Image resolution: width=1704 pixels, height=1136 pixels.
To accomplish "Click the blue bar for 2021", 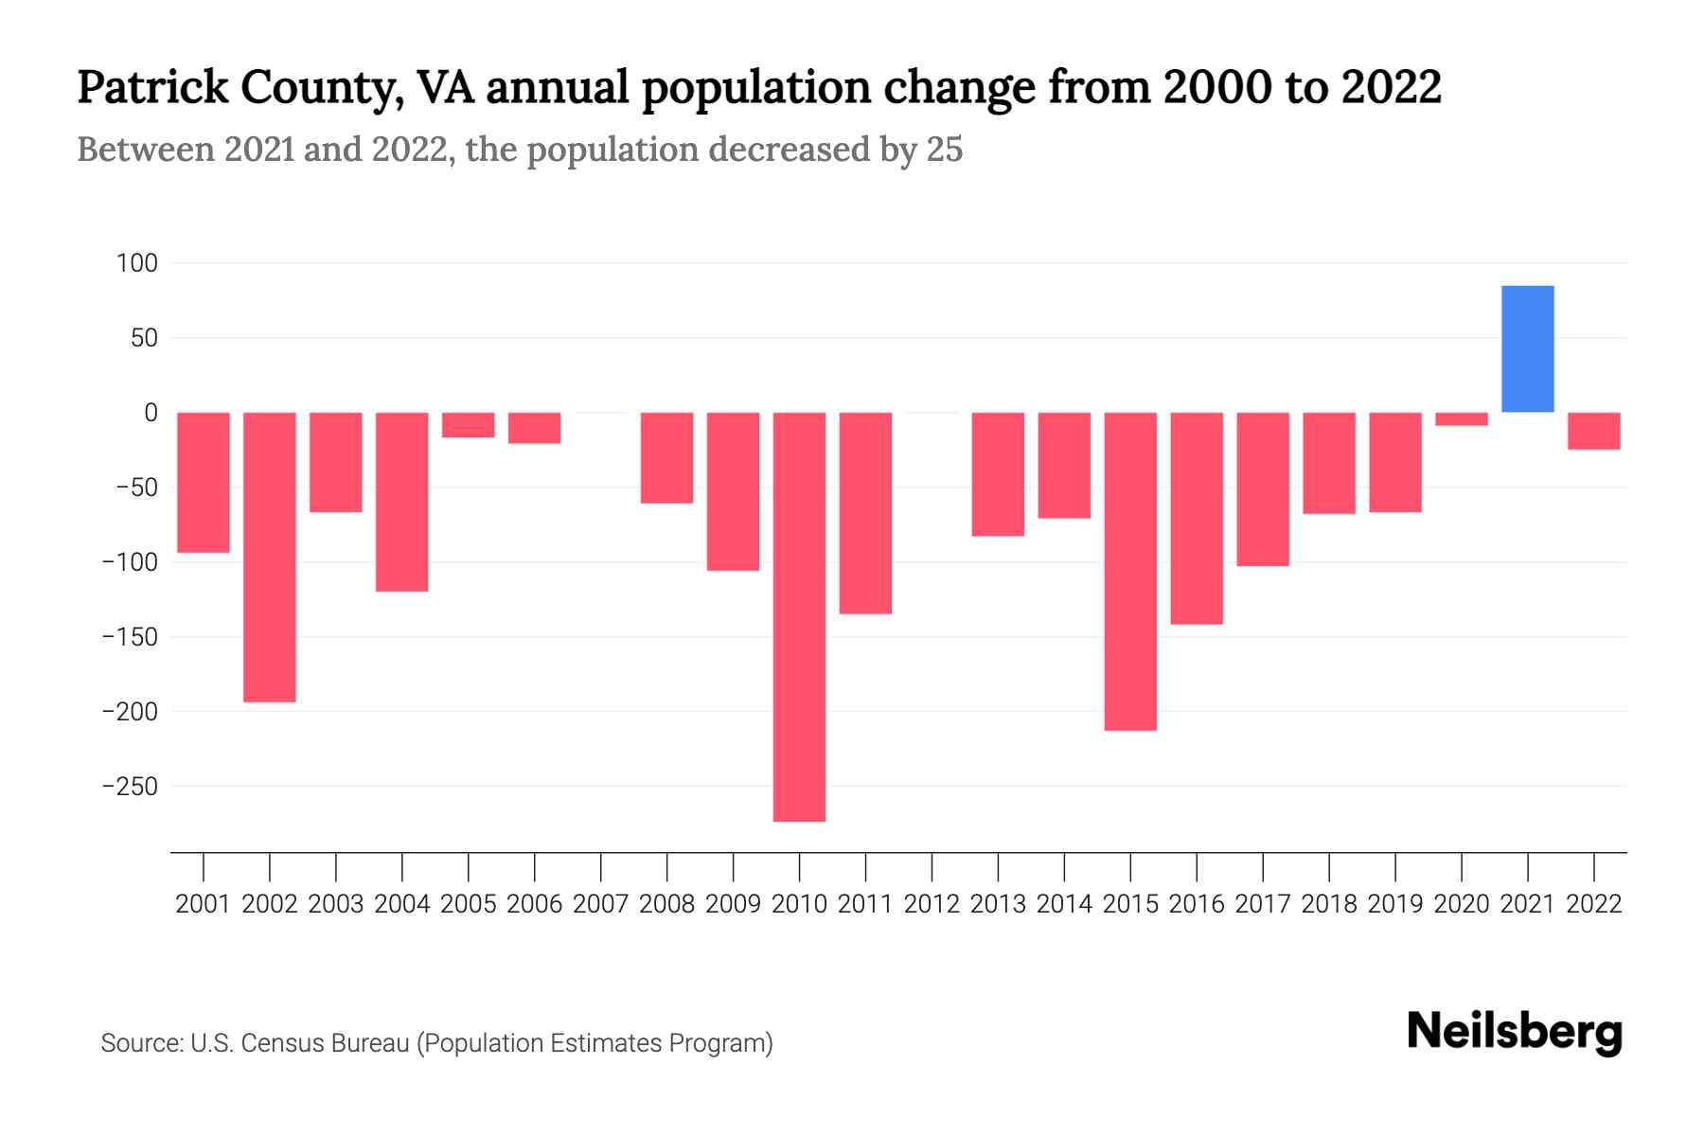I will pos(1527,348).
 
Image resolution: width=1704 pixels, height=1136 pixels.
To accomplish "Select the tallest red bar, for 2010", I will pos(799,616).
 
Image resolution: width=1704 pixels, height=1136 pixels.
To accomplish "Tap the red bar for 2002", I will pos(270,557).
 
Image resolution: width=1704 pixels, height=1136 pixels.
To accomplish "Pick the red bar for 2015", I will pos(1130,571).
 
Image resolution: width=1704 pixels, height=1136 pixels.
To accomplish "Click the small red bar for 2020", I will pos(1461,418).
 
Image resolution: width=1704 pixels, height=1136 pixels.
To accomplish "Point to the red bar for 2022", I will pos(1593,431).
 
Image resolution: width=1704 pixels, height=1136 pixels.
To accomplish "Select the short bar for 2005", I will pos(469,425).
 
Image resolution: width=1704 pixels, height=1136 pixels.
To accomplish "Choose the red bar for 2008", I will pos(666,457).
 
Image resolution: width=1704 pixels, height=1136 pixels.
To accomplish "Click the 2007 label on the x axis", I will pos(600,904).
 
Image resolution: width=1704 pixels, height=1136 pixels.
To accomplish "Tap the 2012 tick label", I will pos(932,904).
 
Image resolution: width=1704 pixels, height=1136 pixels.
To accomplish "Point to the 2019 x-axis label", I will pos(1394,904).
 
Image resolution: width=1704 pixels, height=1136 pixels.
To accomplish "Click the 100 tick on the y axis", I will pos(136,263).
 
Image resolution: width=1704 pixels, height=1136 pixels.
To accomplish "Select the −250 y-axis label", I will pos(130,787).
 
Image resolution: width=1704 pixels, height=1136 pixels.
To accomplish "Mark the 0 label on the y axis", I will pos(151,413).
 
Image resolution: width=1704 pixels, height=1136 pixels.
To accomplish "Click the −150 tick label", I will pos(130,637).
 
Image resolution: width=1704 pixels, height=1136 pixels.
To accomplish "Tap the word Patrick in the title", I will pos(152,88).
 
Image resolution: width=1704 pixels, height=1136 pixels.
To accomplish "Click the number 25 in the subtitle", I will pos(944,150).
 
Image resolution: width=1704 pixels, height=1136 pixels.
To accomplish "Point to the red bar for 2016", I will pos(1197,518).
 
